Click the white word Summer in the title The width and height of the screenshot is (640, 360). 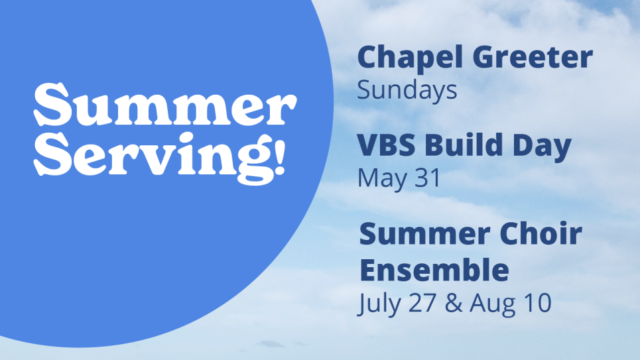pyautogui.click(x=165, y=105)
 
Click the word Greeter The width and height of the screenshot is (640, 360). pyautogui.click(x=533, y=56)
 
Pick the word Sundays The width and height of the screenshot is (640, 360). pyautogui.click(x=407, y=90)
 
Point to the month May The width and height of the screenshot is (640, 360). pyautogui.click(x=382, y=179)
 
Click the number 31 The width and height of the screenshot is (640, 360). pyautogui.click(x=427, y=178)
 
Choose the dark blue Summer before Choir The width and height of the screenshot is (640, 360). pyautogui.click(x=424, y=234)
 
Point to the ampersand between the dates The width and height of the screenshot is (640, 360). pyautogui.click(x=454, y=303)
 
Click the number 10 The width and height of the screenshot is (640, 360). pyautogui.click(x=538, y=303)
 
